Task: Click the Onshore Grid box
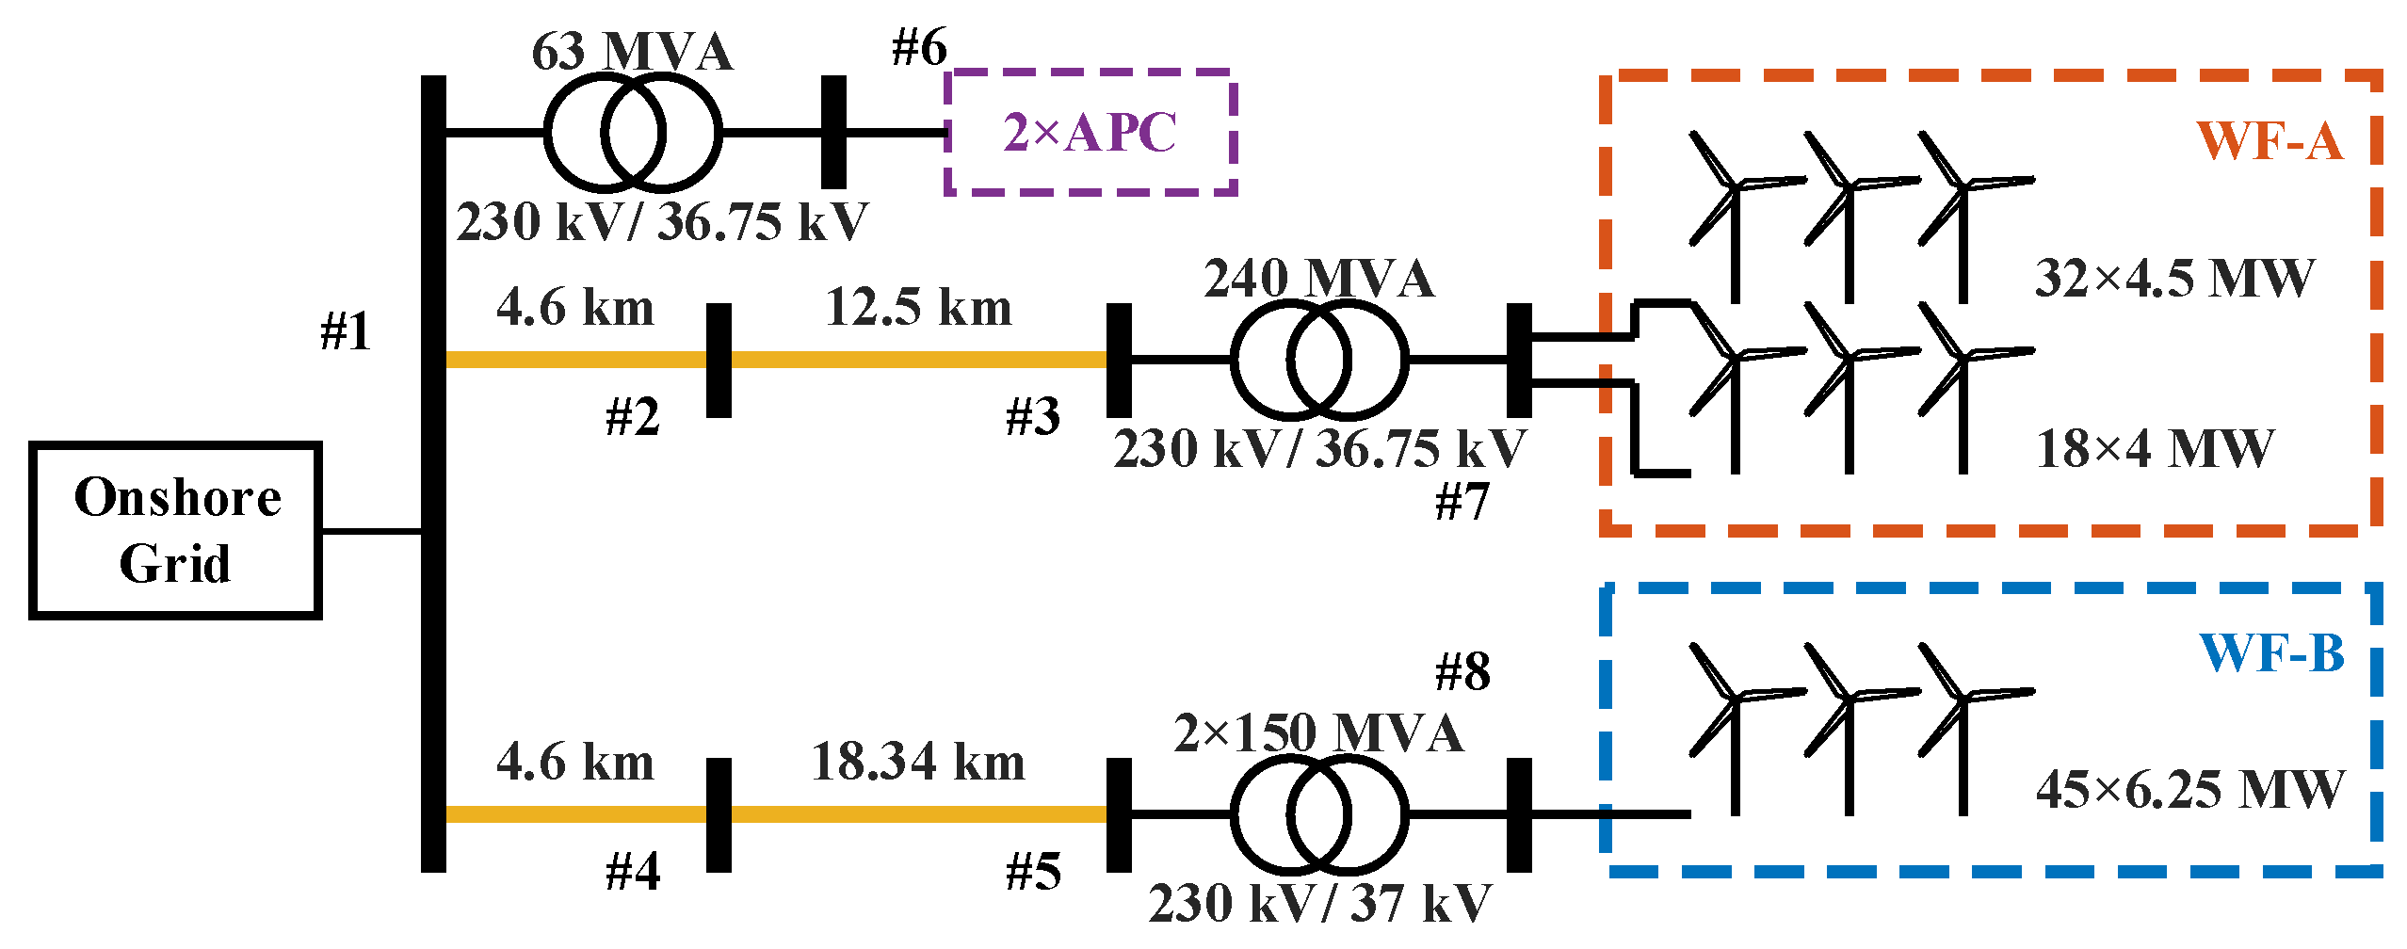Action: click(176, 530)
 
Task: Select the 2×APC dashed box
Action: click(1090, 132)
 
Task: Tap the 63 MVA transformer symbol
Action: click(633, 132)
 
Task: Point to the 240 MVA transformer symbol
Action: click(1318, 359)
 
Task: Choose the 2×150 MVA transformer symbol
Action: click(1318, 813)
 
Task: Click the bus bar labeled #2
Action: click(719, 360)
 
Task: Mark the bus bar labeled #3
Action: click(1119, 360)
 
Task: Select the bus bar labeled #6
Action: click(833, 132)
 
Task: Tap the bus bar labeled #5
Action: click(1119, 814)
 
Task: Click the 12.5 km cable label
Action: click(918, 308)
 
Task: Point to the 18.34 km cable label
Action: click(918, 762)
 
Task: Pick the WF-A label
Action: click(2270, 141)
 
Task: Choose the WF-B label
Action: click(2271, 652)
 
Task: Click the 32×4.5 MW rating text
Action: click(2173, 279)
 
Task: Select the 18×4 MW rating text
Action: click(2155, 449)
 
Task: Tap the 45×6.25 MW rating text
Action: click(2189, 790)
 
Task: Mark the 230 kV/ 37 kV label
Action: click(1319, 903)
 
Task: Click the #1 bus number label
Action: click(346, 331)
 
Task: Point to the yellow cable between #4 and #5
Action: click(918, 814)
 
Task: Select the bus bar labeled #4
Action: click(719, 814)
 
